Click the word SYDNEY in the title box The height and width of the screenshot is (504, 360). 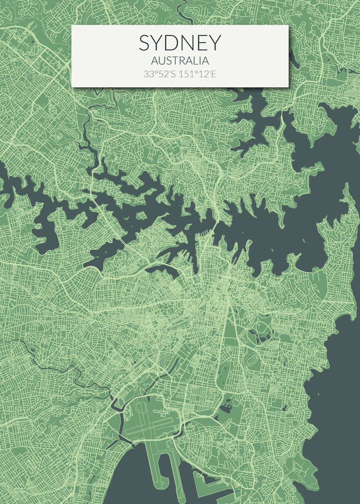[180, 43]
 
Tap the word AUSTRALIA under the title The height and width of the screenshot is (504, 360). [180, 61]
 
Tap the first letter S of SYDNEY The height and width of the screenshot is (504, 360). [145, 43]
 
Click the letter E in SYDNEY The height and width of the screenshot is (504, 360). [201, 43]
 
